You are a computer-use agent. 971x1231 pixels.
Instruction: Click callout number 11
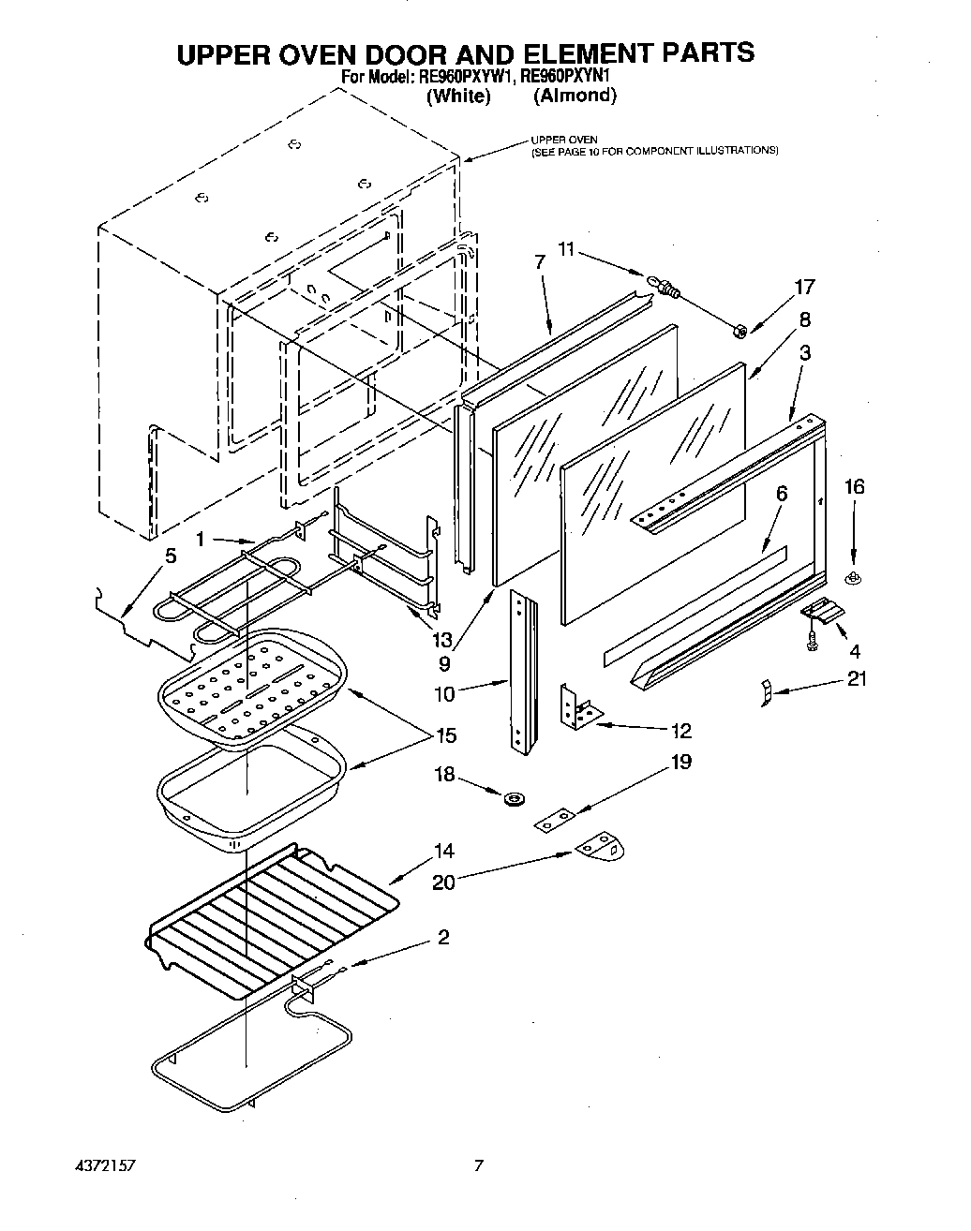point(566,251)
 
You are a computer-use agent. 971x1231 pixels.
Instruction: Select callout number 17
point(804,287)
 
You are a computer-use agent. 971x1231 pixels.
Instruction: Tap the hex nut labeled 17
point(739,330)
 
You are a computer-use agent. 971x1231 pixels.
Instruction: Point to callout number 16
point(854,486)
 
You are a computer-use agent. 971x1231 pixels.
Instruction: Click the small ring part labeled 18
point(513,799)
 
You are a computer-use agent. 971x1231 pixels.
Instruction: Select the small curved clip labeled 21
point(765,693)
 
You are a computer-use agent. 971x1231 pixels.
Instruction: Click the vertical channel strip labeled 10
point(522,670)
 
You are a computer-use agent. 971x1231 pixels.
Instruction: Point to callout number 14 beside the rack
point(443,851)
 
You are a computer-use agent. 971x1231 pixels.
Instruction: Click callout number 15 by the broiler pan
point(446,735)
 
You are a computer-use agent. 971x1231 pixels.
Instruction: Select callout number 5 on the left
point(170,556)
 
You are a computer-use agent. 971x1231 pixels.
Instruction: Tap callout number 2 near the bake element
point(442,937)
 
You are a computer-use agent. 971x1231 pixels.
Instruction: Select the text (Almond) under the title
point(575,96)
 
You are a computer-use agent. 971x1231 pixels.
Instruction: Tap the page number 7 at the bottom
point(479,1166)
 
